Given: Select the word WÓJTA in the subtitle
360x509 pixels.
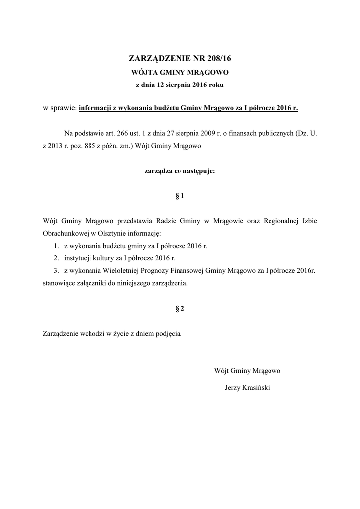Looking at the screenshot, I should point(142,72).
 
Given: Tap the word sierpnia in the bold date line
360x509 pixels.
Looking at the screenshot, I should point(170,85).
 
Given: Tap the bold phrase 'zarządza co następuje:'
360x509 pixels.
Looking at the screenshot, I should point(180,171).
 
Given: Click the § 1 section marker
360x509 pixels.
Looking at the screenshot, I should point(180,196).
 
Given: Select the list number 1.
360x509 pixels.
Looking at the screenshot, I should point(56,246).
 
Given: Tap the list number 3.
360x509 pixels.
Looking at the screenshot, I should point(56,271).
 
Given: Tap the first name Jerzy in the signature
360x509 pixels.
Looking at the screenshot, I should point(233,387).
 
